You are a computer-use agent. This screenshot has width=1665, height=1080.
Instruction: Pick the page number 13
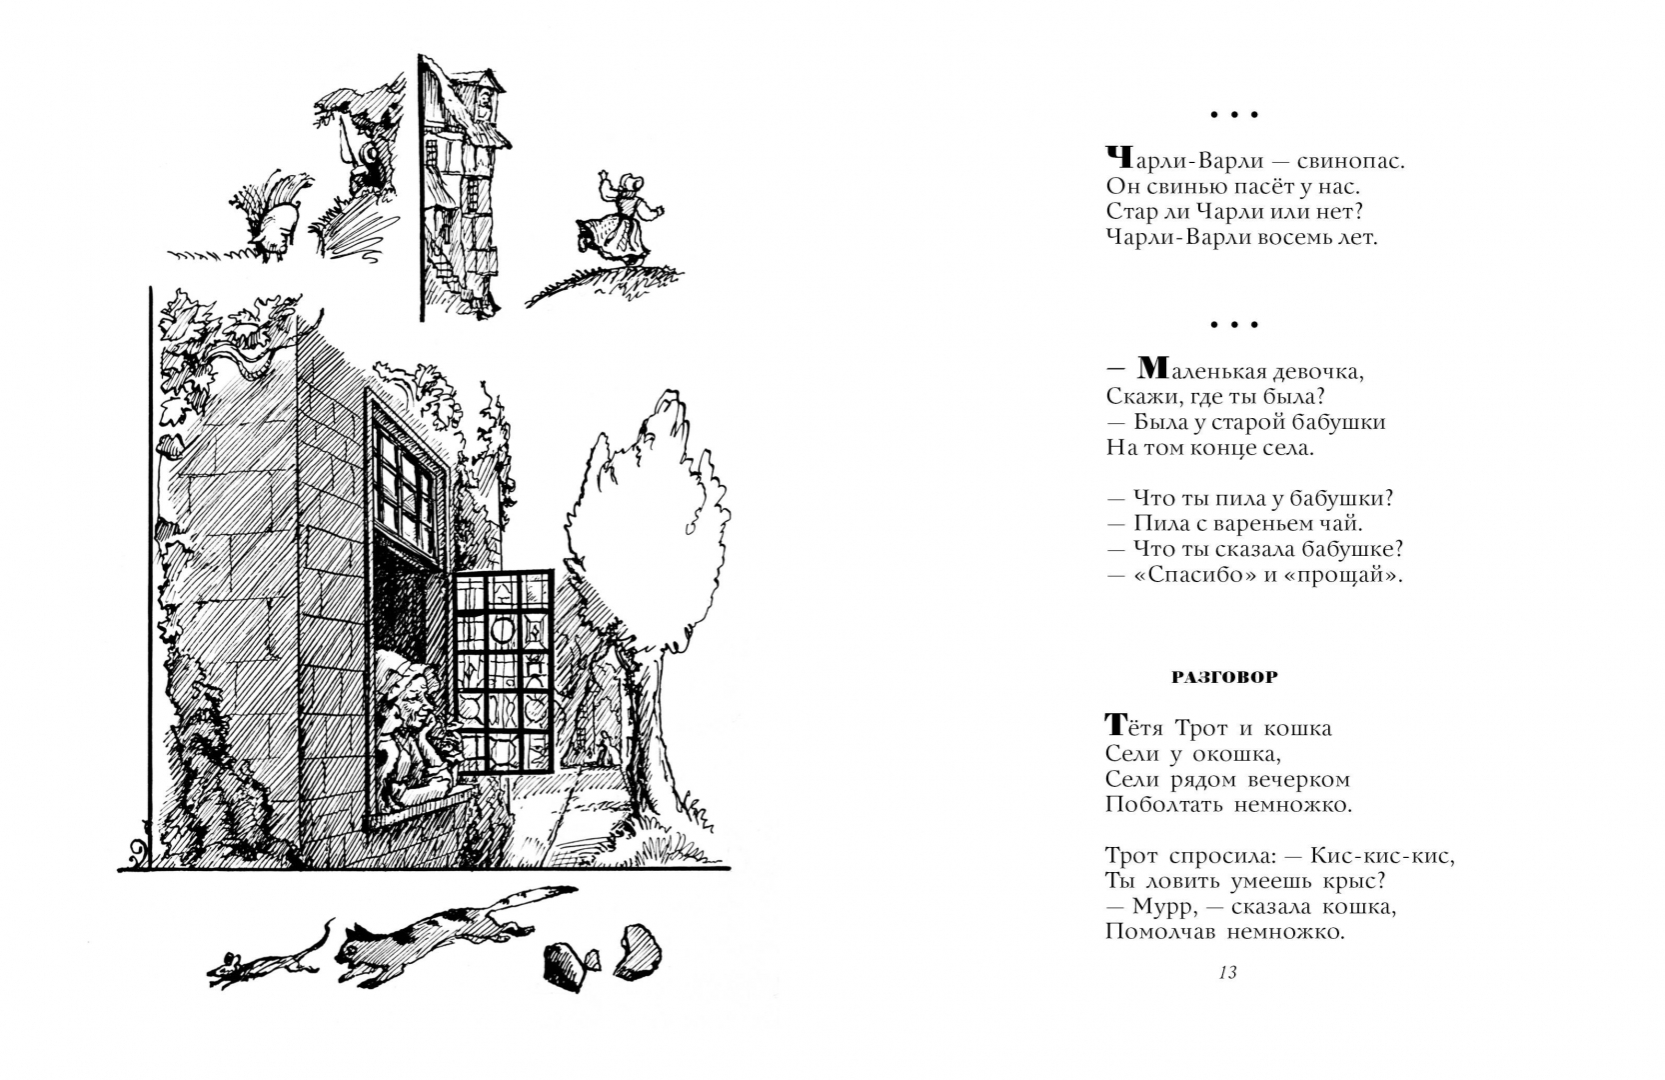click(1227, 972)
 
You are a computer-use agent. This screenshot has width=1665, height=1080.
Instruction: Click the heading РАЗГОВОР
click(1223, 677)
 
